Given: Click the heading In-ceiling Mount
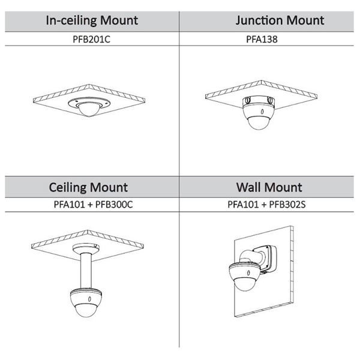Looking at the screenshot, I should click(92, 20).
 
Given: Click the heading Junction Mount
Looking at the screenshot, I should click(271, 20).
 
